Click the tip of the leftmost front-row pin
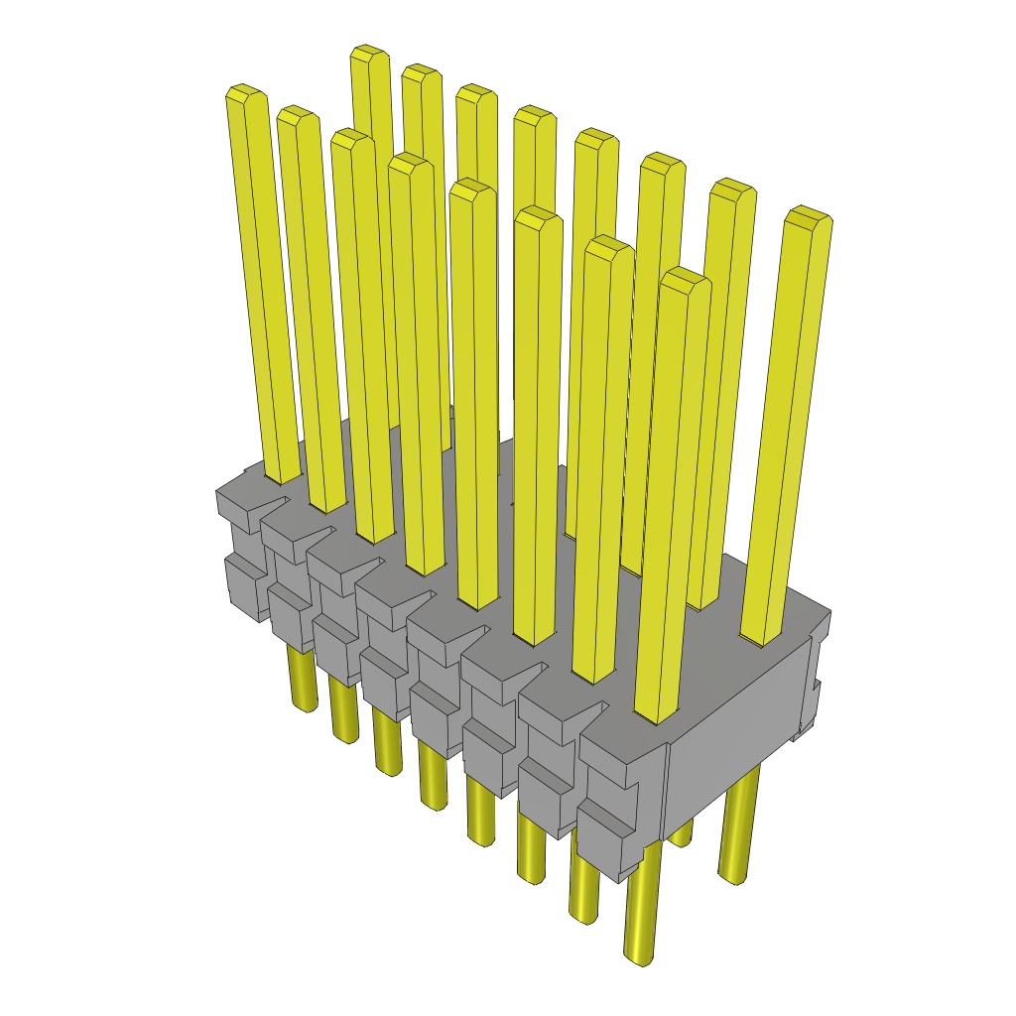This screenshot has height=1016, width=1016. [x=245, y=95]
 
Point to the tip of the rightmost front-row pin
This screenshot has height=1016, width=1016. [x=685, y=279]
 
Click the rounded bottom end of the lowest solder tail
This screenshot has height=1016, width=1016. [x=641, y=956]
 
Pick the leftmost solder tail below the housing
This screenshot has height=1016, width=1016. [x=303, y=680]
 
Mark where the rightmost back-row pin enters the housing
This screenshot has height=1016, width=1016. [x=765, y=635]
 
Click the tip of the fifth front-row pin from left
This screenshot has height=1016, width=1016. [x=472, y=190]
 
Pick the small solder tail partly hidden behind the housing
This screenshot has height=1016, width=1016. [x=680, y=833]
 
